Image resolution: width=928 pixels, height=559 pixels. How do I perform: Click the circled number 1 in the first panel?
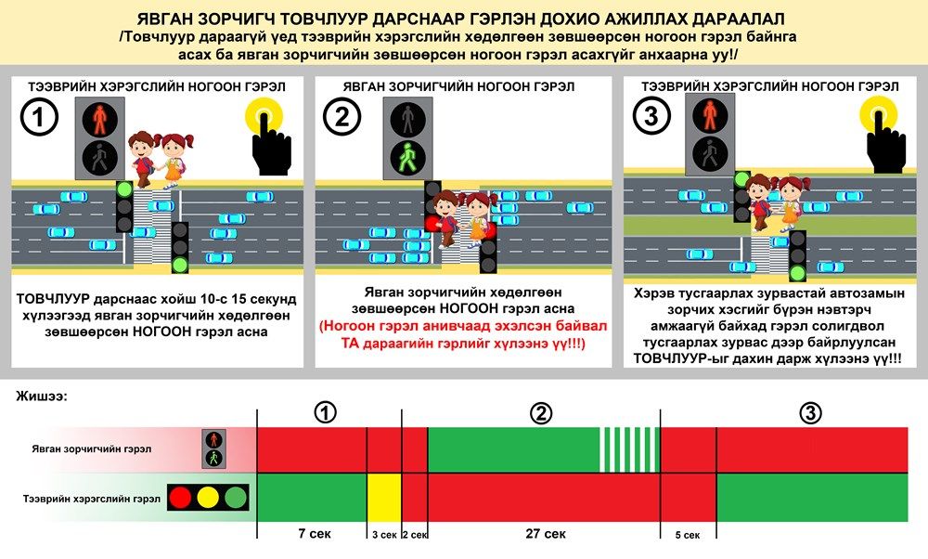(x=39, y=117)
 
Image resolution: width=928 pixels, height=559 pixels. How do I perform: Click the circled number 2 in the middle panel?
(x=342, y=117)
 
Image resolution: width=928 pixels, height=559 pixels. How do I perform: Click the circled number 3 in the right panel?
(x=651, y=116)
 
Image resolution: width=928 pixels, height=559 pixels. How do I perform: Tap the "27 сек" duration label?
(x=545, y=534)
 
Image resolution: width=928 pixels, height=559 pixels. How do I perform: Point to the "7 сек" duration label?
(x=315, y=534)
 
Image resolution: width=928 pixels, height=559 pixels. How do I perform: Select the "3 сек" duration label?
(x=384, y=535)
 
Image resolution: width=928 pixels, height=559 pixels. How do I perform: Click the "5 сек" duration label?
(x=687, y=535)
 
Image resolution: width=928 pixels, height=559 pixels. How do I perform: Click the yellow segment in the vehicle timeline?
(x=384, y=498)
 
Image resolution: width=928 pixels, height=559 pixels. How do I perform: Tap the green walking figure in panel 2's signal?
(x=407, y=158)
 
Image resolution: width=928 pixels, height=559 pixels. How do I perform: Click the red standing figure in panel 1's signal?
(x=99, y=119)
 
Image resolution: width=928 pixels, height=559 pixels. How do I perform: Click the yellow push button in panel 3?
(x=878, y=114)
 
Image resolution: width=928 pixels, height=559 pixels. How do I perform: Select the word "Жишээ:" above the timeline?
(x=41, y=396)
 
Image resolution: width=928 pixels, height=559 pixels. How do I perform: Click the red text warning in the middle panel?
(x=463, y=334)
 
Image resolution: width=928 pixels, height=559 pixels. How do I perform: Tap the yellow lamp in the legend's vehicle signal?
(x=208, y=498)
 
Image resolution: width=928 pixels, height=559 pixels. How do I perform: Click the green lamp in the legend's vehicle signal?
(x=236, y=498)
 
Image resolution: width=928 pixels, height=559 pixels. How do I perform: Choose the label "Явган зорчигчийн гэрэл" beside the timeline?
(x=92, y=448)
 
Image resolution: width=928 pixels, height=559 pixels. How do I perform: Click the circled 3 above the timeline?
(x=810, y=412)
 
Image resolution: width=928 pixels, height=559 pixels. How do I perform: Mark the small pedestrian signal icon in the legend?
(x=213, y=448)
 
